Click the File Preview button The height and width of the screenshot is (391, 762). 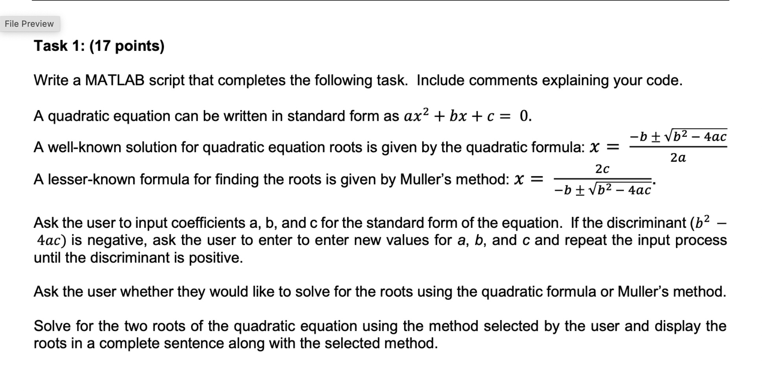[29, 24]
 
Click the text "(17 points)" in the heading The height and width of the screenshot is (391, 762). [127, 46]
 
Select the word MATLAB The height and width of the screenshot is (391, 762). [115, 80]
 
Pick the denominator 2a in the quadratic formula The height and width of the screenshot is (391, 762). [678, 158]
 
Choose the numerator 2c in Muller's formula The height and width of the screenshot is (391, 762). [602, 169]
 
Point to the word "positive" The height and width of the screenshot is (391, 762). [215, 258]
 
